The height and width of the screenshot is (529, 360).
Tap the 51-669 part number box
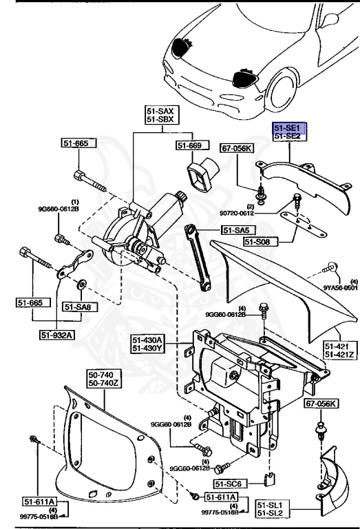tap(190, 145)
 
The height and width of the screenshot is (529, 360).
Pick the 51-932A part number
tap(56, 335)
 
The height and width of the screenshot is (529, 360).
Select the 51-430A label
tap(147, 340)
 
